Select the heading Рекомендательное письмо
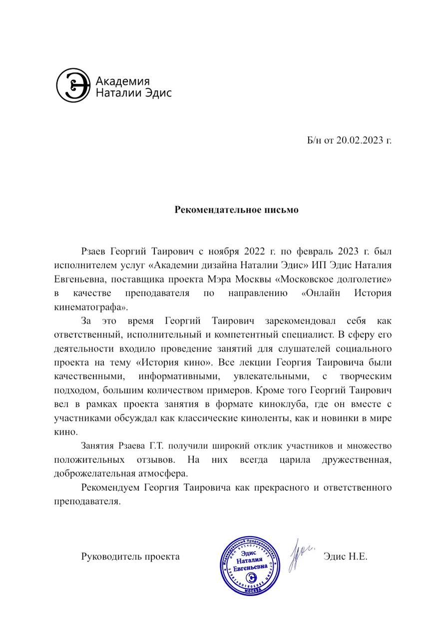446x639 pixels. (236, 210)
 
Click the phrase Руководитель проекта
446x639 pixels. (130, 556)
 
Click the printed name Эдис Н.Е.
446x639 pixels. (345, 556)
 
